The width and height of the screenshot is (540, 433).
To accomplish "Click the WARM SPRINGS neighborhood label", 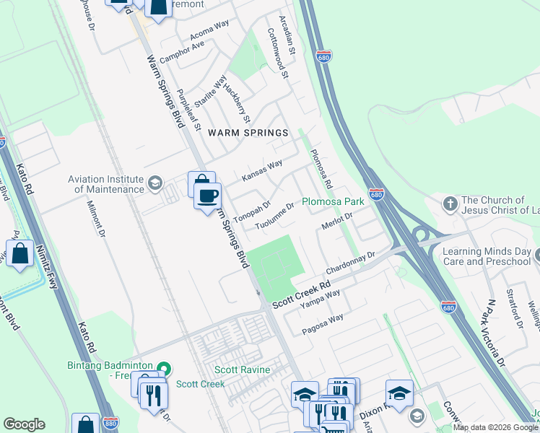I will point(249,133).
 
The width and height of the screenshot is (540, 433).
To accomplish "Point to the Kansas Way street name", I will point(262,172).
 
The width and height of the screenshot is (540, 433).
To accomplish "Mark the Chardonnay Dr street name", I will point(352,263).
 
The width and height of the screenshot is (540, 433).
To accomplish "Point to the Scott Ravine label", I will point(243,370).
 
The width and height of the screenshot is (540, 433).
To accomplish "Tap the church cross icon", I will point(450,204).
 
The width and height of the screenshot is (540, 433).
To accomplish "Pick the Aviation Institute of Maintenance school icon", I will point(154,183).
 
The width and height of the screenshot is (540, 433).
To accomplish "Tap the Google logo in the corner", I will point(25,424).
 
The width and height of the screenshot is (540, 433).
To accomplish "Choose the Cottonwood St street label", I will point(278,53).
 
